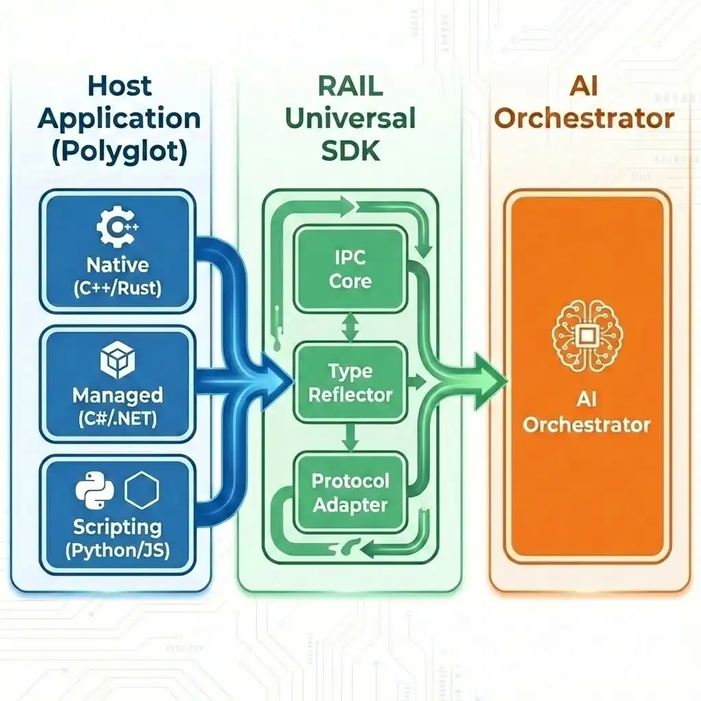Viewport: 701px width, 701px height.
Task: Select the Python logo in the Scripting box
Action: click(94, 490)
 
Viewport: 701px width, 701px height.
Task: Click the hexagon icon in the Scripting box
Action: click(142, 489)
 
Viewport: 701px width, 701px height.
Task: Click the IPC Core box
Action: click(350, 270)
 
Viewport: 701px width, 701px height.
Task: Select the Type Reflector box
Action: click(350, 383)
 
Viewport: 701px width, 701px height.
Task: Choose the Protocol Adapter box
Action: click(350, 493)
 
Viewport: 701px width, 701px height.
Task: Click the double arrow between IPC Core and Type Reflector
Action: click(350, 327)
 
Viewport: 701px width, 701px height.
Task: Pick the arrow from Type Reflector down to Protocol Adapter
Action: click(350, 438)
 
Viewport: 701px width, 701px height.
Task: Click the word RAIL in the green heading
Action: click(350, 88)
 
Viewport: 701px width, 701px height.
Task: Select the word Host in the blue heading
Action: click(119, 88)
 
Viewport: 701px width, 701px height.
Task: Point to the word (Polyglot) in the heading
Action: click(119, 151)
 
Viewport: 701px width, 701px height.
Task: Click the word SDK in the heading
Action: click(350, 151)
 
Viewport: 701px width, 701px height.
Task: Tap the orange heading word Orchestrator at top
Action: click(584, 119)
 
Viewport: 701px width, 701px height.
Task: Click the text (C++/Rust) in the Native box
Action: click(117, 288)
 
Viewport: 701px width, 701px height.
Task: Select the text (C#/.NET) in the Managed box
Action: click(117, 418)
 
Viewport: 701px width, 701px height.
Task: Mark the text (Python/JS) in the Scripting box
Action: click(117, 550)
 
